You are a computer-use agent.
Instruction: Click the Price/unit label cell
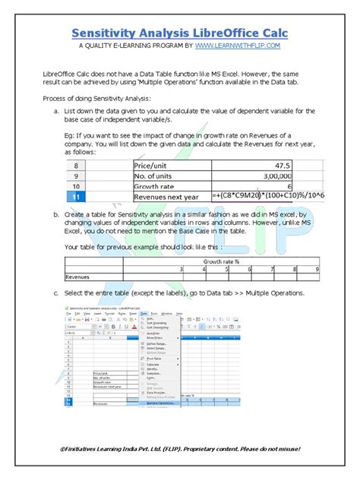(x=152, y=166)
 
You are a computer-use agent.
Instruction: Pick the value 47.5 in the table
(x=283, y=166)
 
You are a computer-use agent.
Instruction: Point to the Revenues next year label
(x=166, y=196)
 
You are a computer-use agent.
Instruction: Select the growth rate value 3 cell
(x=180, y=269)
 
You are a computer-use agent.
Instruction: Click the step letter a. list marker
(x=57, y=112)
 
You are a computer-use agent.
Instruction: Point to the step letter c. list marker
(x=57, y=293)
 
